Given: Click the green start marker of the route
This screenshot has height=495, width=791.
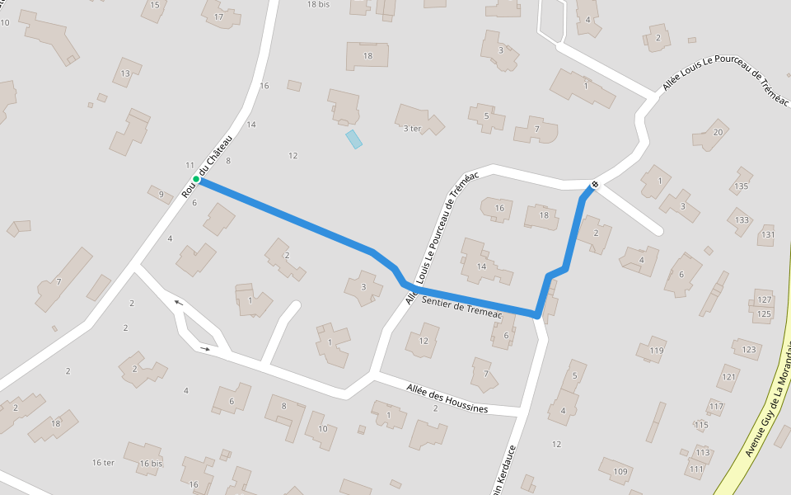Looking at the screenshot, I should (196, 179).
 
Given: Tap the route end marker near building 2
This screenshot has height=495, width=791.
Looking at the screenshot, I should (594, 184).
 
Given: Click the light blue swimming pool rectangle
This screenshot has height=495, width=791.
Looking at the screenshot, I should (353, 139).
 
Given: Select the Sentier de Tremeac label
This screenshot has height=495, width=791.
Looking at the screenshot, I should (461, 307).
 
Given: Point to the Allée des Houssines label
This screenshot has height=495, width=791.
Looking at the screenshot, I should (447, 398).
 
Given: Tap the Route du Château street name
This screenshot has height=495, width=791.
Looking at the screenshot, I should (208, 167).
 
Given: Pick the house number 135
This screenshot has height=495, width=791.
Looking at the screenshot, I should (742, 186).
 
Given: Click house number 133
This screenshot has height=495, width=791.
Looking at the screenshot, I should (742, 220).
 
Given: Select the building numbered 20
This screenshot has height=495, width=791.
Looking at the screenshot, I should (718, 133).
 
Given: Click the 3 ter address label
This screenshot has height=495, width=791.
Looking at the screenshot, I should (412, 129).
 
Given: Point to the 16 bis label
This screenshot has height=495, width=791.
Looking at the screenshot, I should (151, 464).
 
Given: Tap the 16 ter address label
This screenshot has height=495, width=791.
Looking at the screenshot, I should (103, 463).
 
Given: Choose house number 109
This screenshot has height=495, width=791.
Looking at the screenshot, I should (620, 472).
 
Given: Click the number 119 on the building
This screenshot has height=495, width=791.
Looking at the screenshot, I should (656, 351).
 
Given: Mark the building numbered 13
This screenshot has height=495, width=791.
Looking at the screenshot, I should (125, 73).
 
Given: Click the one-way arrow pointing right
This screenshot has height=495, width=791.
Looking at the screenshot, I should (205, 349).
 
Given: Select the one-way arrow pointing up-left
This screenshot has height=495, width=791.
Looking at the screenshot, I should (178, 303).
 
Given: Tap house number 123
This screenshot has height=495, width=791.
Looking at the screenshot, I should (748, 350).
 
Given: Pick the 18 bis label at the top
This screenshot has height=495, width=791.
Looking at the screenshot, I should (318, 4).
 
